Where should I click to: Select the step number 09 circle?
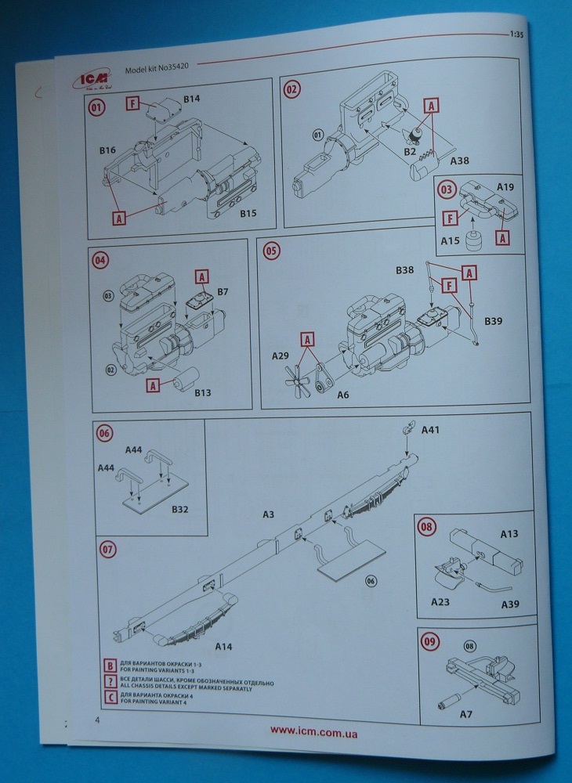[429, 641]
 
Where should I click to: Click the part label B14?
[193, 99]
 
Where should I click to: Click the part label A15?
[450, 241]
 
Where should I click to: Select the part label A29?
[281, 356]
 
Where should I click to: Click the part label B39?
[494, 321]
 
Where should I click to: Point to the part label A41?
[432, 430]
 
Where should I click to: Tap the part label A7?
[466, 715]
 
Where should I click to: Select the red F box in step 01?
[132, 103]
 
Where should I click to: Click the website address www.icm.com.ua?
[314, 731]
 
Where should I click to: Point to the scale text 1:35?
[516, 35]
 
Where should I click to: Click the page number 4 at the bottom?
[97, 720]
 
